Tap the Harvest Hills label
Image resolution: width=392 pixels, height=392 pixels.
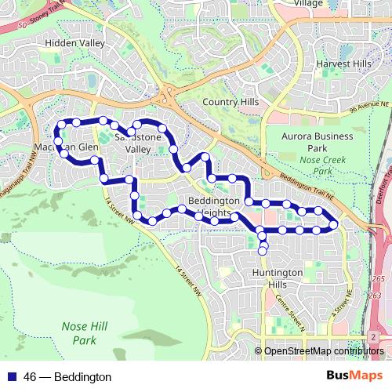(343, 64)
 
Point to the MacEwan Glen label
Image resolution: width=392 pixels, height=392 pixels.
(66, 147)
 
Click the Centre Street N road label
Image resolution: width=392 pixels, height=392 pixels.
(291, 314)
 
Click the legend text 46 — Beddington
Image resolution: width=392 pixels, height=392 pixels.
(67, 377)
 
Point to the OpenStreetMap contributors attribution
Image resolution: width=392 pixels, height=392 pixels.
(324, 351)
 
